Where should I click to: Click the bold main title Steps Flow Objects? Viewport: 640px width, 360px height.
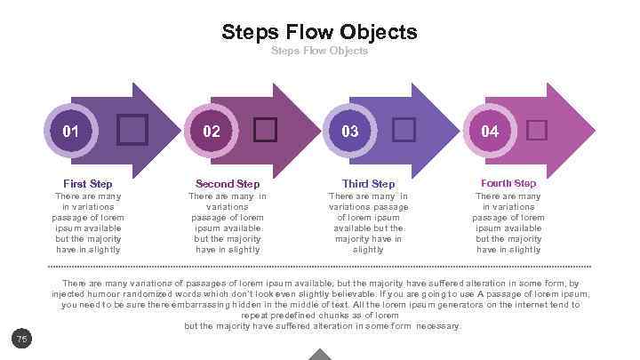319,33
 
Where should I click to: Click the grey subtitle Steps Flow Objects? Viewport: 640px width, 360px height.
319,51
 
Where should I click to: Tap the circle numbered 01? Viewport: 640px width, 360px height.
70,131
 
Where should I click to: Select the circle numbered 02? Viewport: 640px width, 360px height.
212,131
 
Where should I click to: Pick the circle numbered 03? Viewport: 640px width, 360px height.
350,131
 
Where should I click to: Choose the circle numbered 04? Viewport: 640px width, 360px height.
490,131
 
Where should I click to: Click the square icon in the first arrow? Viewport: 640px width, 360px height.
132,130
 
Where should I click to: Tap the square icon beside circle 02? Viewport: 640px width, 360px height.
265,130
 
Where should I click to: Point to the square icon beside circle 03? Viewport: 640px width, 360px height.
404,130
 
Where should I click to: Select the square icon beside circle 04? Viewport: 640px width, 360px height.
536,131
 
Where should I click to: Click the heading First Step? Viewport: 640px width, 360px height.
88,184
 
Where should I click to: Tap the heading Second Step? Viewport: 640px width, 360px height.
228,184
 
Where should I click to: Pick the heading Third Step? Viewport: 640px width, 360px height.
368,184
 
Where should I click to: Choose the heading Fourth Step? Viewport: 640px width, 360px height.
508,183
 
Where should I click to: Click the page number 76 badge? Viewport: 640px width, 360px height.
22,338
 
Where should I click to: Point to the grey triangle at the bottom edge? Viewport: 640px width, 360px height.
320,355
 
